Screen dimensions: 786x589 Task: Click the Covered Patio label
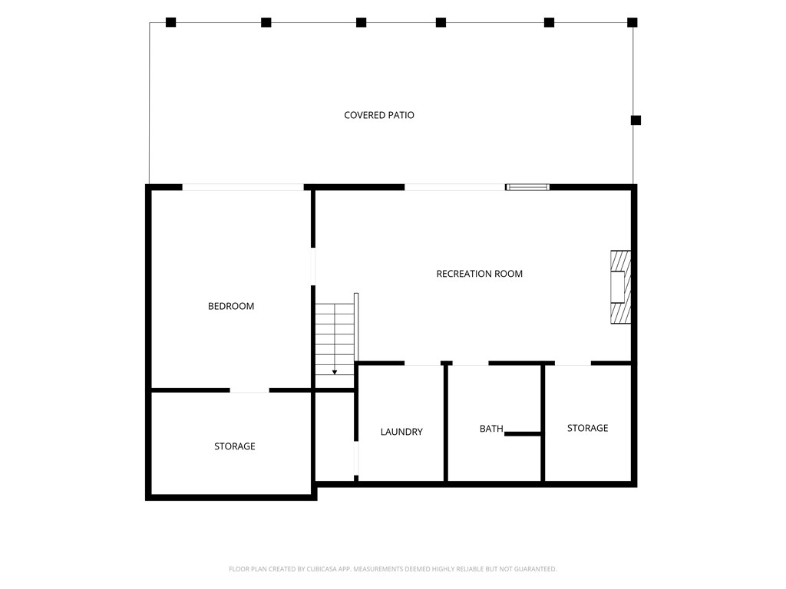tap(379, 115)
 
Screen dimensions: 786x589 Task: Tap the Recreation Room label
tap(479, 274)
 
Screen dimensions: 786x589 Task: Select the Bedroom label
tap(231, 306)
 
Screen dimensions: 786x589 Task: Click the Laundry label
tap(401, 432)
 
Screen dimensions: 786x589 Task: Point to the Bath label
tap(491, 429)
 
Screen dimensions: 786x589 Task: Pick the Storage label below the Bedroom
tap(235, 446)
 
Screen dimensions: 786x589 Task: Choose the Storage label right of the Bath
tap(587, 428)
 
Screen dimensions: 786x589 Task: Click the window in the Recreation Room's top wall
tap(527, 187)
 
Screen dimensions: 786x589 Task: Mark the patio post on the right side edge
tap(636, 120)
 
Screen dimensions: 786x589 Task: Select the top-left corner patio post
tap(171, 22)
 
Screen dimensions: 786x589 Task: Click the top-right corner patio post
tap(632, 22)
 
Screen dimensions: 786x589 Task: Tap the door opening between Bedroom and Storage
tap(249, 390)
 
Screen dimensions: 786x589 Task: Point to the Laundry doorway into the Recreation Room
tap(423, 363)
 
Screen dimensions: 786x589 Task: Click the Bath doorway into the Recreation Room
tap(471, 363)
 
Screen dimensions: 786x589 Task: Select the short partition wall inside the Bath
tap(522, 434)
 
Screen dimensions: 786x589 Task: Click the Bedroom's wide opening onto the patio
tap(243, 187)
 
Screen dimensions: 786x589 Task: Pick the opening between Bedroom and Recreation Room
tap(313, 266)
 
